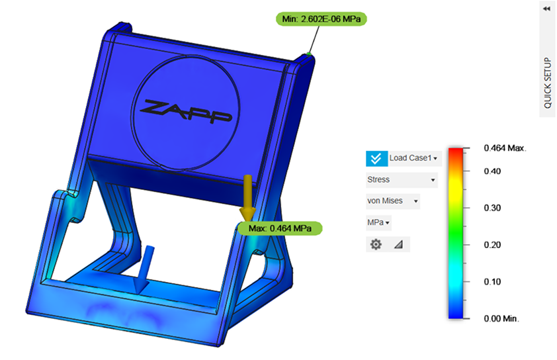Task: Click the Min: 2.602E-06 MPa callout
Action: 321,19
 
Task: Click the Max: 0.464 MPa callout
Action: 280,228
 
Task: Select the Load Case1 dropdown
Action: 413,158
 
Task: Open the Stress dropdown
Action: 402,179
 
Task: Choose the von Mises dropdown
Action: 393,201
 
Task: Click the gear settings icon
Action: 376,244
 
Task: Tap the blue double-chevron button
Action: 376,158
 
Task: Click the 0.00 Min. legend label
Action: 501,318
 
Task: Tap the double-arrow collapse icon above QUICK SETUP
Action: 547,9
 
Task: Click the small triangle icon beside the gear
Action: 398,244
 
